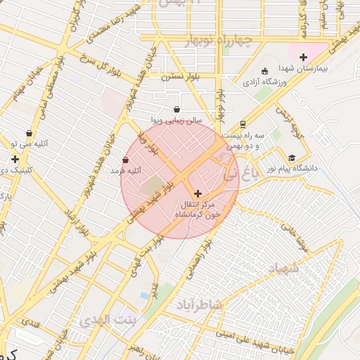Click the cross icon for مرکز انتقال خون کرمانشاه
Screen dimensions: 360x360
[197, 193]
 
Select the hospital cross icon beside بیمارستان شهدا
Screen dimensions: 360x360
[303, 57]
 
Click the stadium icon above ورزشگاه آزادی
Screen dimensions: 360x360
[264, 71]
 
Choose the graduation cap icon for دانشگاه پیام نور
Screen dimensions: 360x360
[292, 157]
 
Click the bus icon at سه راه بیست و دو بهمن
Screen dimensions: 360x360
[243, 123]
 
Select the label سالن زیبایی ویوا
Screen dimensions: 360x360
[176, 121]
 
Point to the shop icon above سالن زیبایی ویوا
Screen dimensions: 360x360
[176, 110]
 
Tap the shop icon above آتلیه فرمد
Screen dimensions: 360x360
[126, 160]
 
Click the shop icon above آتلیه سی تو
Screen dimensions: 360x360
[29, 133]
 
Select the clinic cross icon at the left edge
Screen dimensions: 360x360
[15, 160]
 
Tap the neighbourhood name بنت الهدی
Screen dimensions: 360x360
[105, 321]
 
